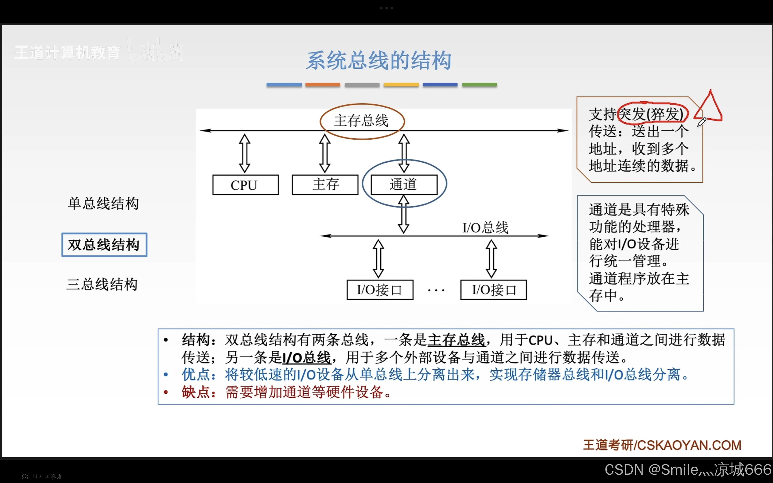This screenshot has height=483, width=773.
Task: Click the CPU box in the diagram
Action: pyautogui.click(x=245, y=185)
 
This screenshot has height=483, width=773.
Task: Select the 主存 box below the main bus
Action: pyautogui.click(x=325, y=185)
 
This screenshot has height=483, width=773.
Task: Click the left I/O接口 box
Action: pyautogui.click(x=380, y=290)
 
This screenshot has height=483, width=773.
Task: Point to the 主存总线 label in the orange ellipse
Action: pyautogui.click(x=361, y=121)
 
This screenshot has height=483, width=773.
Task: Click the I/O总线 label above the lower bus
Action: pyautogui.click(x=485, y=228)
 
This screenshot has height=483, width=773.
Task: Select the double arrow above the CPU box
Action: pyautogui.click(x=245, y=153)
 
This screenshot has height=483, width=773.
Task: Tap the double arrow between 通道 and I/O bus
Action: pyautogui.click(x=403, y=214)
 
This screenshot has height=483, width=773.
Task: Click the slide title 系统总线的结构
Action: pyautogui.click(x=379, y=60)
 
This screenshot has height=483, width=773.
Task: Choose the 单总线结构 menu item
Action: pyautogui.click(x=103, y=203)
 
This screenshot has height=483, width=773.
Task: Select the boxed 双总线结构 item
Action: pyautogui.click(x=104, y=245)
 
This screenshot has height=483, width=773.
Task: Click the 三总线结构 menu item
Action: pyautogui.click(x=102, y=284)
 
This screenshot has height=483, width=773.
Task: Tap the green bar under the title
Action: pyautogui.click(x=479, y=85)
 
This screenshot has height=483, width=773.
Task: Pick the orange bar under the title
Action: pyautogui.click(x=323, y=85)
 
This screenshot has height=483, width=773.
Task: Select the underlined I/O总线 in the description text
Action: pyautogui.click(x=307, y=357)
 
